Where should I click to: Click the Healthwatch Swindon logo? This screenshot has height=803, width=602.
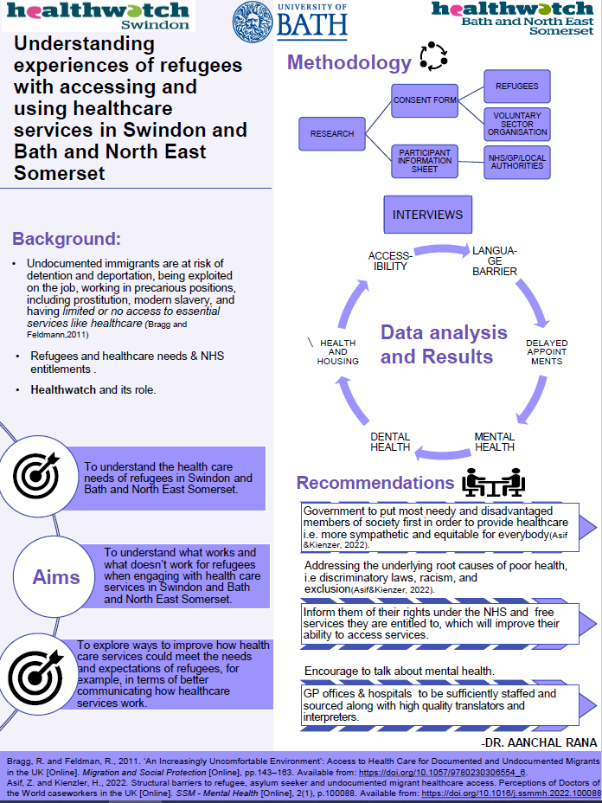click(x=99, y=16)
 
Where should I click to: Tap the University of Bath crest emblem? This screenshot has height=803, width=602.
click(x=253, y=22)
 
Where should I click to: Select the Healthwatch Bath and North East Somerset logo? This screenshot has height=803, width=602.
click(x=514, y=17)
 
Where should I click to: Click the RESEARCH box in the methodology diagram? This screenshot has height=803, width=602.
click(x=332, y=134)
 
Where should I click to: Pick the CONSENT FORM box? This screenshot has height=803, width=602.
click(x=425, y=100)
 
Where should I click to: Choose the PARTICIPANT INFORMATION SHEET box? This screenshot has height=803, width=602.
click(x=425, y=161)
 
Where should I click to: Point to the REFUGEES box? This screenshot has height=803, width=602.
click(x=516, y=87)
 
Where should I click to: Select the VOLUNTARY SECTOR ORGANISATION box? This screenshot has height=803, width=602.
click(x=516, y=124)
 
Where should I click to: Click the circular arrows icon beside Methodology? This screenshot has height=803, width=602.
click(x=432, y=57)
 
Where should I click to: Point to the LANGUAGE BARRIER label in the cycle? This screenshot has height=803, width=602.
click(x=494, y=260)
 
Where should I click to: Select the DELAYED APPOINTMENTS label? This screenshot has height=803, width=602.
click(x=547, y=351)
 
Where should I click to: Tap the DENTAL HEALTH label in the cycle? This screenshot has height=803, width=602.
click(x=390, y=441)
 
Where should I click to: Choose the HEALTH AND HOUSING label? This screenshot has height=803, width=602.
click(x=337, y=351)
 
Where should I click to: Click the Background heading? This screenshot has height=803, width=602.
click(x=67, y=238)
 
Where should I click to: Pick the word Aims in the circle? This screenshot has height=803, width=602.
click(x=56, y=577)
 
